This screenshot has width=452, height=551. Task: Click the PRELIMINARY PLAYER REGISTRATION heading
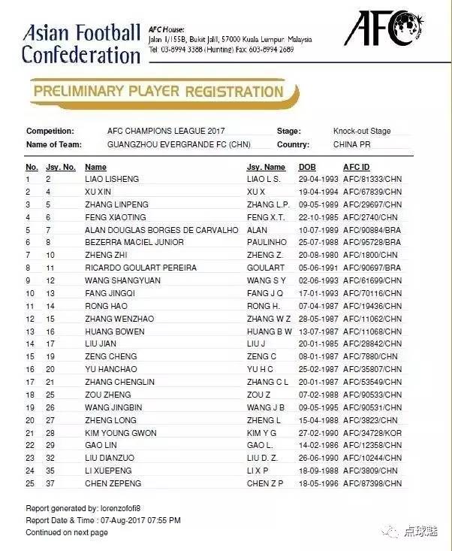159,92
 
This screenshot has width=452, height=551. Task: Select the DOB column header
307,167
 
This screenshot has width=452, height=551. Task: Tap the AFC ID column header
356,167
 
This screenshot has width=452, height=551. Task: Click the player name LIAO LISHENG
112,180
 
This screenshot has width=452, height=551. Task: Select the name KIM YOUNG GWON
121,433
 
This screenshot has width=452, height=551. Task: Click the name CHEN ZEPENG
113,483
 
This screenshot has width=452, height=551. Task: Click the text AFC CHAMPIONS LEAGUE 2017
166,131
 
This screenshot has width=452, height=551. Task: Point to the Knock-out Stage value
362,131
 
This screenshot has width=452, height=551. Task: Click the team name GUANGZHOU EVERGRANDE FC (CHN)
179,144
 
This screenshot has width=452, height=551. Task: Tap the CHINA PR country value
352,144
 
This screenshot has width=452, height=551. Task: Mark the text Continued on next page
67,533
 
